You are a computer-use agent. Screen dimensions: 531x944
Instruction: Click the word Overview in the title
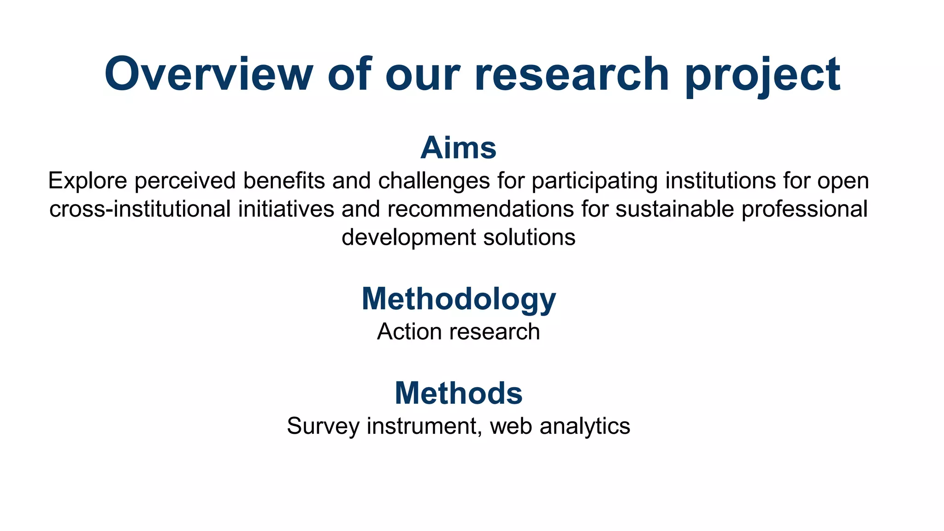pyautogui.click(x=209, y=74)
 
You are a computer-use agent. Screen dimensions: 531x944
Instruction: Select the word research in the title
pyautogui.click(x=571, y=74)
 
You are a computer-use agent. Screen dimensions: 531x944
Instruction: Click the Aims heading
pyautogui.click(x=458, y=148)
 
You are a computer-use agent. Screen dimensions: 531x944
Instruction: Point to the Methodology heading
pyautogui.click(x=459, y=299)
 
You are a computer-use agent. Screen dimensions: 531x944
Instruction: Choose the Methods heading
pyautogui.click(x=459, y=393)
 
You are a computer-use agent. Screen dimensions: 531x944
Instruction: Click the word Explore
pyautogui.click(x=88, y=181)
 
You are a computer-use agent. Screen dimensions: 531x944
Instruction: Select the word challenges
pyautogui.click(x=434, y=181)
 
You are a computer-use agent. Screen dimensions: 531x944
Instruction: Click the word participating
pyautogui.click(x=595, y=181)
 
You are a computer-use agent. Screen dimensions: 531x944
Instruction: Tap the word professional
pyautogui.click(x=804, y=209)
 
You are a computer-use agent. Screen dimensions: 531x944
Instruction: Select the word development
pyautogui.click(x=408, y=237)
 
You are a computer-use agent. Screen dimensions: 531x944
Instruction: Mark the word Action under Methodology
pyautogui.click(x=403, y=332)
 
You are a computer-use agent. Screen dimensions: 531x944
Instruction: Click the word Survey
pyautogui.click(x=323, y=426)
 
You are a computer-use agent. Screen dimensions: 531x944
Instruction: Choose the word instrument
pyautogui.click(x=425, y=426)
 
